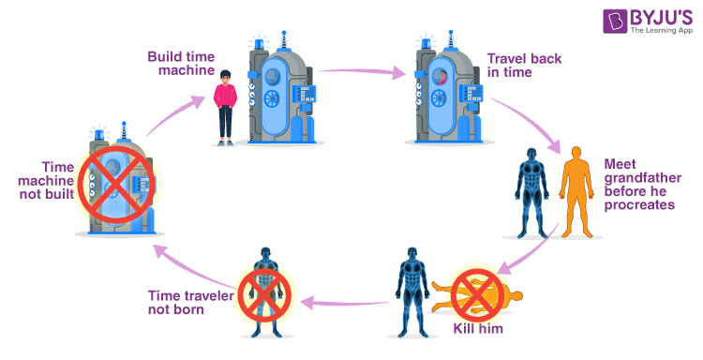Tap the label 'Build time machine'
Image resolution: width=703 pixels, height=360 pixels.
(181, 63)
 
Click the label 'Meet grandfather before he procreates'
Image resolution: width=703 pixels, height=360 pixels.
(638, 185)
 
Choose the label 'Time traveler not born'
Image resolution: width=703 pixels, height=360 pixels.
(191, 304)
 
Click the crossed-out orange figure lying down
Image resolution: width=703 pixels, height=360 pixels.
(472, 295)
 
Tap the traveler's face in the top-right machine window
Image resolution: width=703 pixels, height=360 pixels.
(442, 77)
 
